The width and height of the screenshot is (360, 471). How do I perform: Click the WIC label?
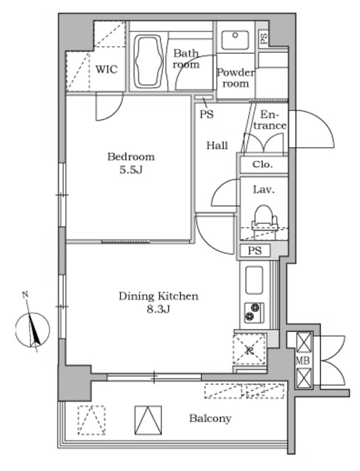(106, 69)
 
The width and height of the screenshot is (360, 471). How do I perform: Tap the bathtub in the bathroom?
(147, 61)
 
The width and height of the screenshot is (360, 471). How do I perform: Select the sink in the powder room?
(235, 40)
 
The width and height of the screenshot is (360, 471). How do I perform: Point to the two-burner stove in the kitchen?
(254, 313)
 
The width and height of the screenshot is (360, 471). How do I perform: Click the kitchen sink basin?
(254, 280)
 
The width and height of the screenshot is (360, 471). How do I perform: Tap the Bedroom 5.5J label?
(131, 163)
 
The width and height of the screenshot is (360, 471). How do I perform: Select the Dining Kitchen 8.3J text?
(158, 302)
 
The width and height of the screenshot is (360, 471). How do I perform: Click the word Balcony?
(210, 419)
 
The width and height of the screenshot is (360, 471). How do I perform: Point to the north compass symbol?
(32, 330)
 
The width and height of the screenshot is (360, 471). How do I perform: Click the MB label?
(303, 361)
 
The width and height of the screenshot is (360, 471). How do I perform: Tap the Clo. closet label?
(263, 165)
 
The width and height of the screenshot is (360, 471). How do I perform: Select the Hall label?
(217, 146)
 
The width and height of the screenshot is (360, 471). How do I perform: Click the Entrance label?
(269, 120)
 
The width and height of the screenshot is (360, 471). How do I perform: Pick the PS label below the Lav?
(255, 250)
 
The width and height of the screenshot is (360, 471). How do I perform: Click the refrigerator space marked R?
(249, 349)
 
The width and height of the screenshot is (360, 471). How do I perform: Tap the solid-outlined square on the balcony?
(148, 420)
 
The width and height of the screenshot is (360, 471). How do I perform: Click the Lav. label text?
(264, 190)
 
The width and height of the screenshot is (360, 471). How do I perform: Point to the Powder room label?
(236, 78)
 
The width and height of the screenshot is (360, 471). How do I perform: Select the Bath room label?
(186, 59)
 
